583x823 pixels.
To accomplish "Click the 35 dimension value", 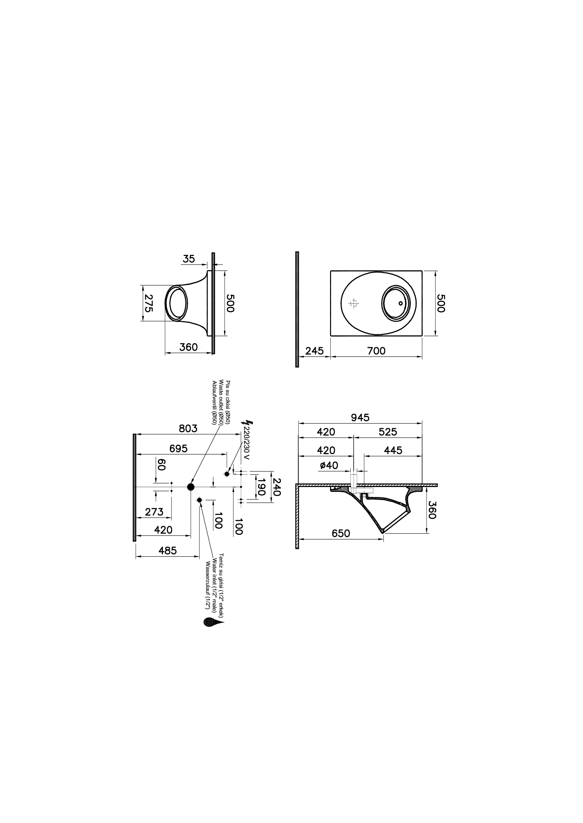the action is [188, 259].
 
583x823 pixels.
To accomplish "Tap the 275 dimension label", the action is [148, 303].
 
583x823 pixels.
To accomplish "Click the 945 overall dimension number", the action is [360, 417].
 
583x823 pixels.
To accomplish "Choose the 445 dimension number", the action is [393, 451].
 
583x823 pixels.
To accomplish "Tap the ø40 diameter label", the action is [329, 465].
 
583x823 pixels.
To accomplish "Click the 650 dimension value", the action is [341, 533].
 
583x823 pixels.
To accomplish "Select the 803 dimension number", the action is [188, 428].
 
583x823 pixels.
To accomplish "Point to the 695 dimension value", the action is [178, 448].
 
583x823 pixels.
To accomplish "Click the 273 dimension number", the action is [154, 512].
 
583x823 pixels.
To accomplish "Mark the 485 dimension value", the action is [168, 550].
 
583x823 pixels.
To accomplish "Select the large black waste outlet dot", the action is [191, 487].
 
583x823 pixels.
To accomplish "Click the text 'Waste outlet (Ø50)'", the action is [221, 402].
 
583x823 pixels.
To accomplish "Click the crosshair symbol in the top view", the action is [354, 303].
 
